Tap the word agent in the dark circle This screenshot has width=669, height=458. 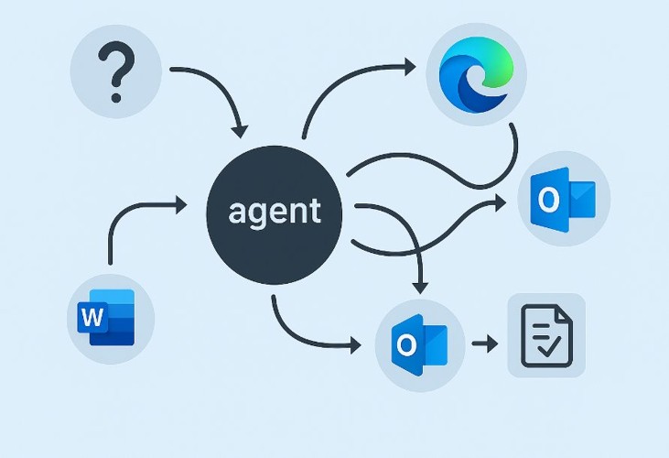[x=275, y=211]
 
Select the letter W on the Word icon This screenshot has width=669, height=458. [x=92, y=318]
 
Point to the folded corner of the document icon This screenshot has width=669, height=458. [x=566, y=314]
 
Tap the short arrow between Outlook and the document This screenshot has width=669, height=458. [x=484, y=344]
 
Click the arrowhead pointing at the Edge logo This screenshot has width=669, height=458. [x=410, y=66]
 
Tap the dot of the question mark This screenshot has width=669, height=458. [x=116, y=95]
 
